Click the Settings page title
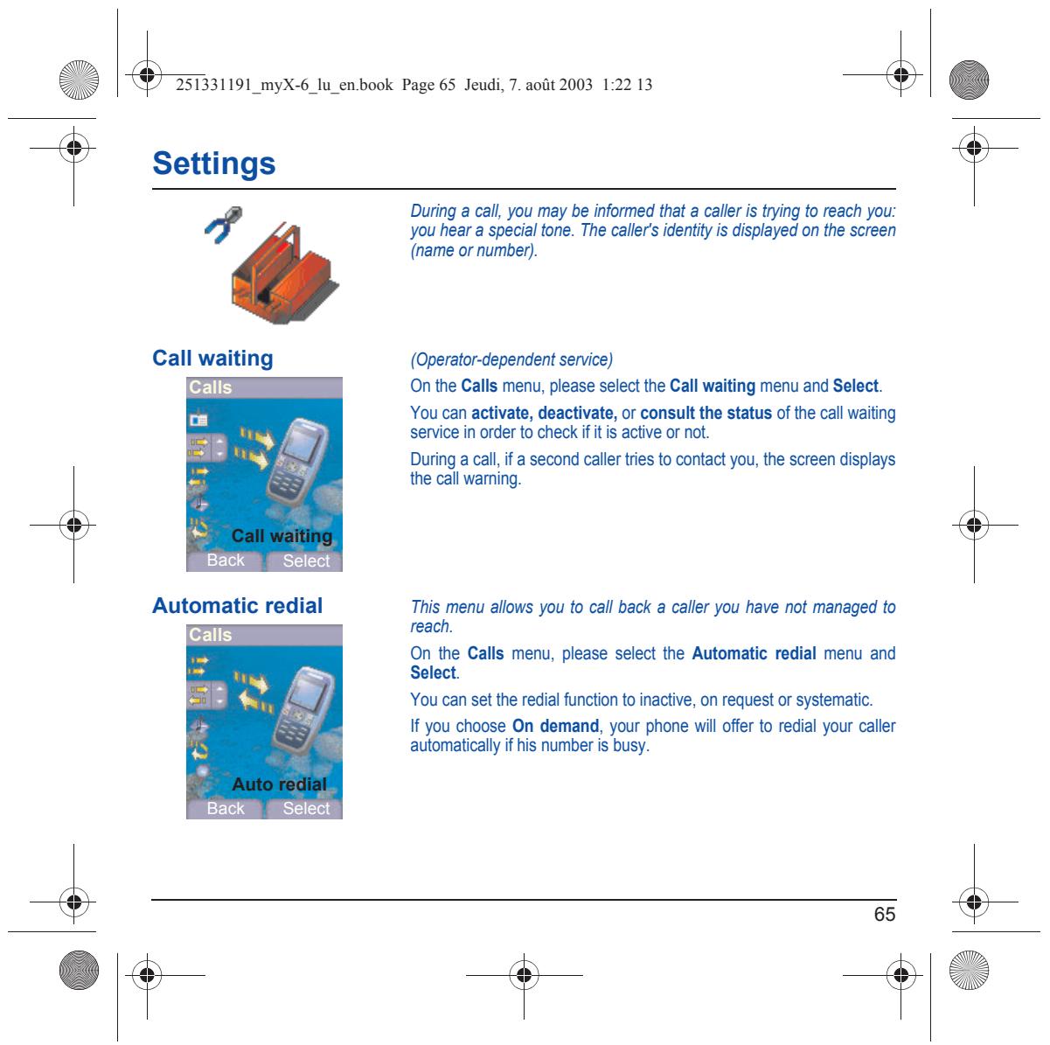point(213,164)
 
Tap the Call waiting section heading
point(212,359)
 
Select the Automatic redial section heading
point(238,606)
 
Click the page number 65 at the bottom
point(884,914)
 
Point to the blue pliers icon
point(224,224)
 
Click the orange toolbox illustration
point(284,273)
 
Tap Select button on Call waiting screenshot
point(306,561)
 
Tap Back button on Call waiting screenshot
point(226,561)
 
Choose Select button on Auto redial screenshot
point(306,808)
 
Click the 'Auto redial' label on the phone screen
point(280,784)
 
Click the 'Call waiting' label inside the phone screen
point(282,536)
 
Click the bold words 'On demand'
point(555,726)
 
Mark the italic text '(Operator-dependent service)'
point(511,359)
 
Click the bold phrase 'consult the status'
point(706,414)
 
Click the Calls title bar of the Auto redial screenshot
point(264,635)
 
